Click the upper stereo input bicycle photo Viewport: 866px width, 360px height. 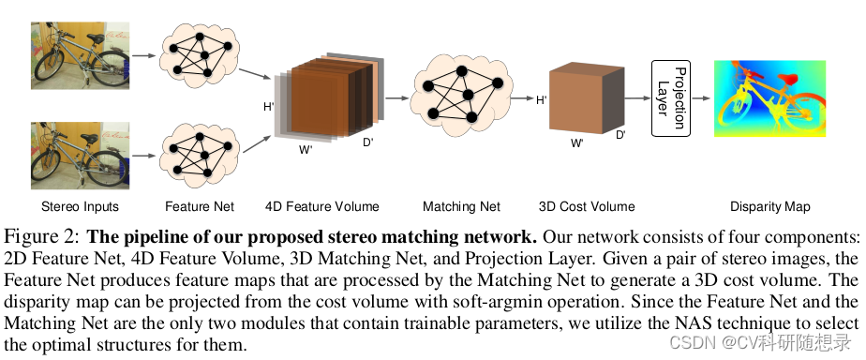80,55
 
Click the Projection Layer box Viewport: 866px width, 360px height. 670,97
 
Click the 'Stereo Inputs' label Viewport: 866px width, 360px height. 80,206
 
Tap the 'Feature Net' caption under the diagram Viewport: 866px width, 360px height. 200,206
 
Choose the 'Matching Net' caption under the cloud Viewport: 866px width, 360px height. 461,206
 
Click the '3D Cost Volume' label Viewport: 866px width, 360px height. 587,206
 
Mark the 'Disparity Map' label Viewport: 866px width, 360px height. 770,206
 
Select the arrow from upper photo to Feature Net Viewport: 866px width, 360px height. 142,55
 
